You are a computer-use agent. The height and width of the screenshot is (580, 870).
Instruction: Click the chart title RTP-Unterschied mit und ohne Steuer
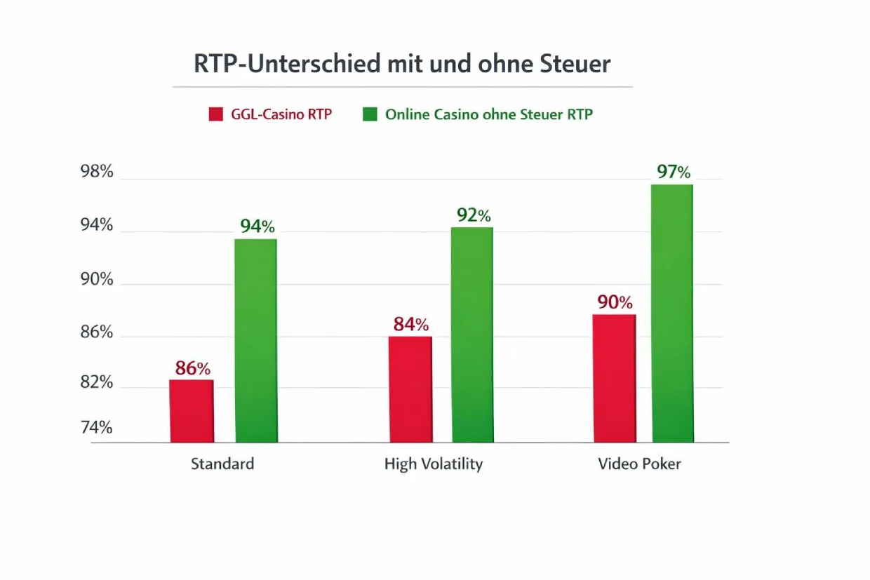point(402,64)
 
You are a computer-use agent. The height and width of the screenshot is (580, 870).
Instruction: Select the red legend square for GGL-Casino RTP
point(215,114)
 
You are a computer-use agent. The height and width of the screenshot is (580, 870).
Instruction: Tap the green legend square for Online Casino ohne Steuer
point(370,114)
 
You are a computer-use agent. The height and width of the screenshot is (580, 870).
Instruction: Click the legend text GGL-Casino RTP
point(281,114)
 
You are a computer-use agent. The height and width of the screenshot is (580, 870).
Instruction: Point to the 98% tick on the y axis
point(96,172)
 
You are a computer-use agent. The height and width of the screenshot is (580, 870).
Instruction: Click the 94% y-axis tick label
point(96,225)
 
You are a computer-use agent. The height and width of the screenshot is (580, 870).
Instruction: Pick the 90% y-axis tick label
point(96,279)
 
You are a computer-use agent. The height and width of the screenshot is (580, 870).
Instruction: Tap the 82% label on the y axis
point(96,383)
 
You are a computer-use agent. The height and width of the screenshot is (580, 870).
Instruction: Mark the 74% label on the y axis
point(96,428)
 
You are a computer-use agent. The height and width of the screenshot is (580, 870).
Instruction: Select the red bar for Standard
point(192,412)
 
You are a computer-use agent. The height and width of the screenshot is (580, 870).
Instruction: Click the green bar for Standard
point(255,341)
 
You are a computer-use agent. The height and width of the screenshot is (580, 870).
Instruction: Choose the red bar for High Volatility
point(410,389)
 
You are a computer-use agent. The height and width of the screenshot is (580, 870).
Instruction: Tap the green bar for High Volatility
point(472,335)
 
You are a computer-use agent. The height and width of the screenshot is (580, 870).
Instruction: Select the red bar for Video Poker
point(615,379)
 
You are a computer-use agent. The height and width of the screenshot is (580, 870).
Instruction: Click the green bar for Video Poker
point(673,313)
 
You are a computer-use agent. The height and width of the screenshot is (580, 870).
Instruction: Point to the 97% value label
point(674,172)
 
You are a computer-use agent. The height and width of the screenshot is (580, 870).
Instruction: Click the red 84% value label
point(410,325)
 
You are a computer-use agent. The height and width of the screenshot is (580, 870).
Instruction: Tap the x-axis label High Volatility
point(434,464)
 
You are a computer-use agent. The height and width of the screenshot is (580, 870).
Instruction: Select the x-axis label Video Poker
point(639,464)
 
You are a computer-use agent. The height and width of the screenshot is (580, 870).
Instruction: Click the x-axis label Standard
point(222,464)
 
